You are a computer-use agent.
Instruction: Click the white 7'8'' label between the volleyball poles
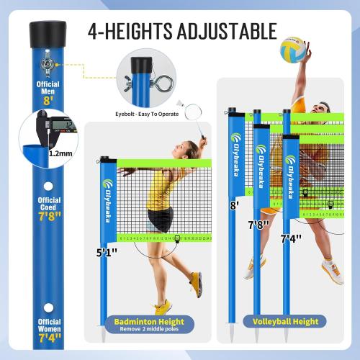point(260,225)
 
